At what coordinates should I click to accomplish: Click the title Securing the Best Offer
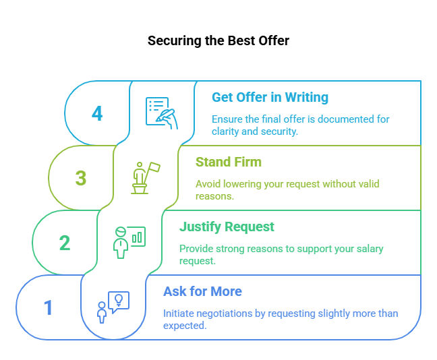(x=218, y=40)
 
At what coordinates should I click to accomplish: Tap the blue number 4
(x=97, y=113)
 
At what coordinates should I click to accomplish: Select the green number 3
(x=81, y=178)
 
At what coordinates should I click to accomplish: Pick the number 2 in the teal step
(x=65, y=243)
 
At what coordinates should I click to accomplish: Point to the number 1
(x=48, y=307)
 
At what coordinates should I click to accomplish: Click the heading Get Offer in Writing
(x=270, y=97)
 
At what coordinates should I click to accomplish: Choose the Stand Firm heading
(x=229, y=162)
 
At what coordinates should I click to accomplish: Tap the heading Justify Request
(x=227, y=227)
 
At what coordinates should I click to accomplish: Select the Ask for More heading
(x=202, y=291)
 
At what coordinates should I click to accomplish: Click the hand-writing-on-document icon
(x=162, y=113)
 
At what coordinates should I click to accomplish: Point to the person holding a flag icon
(x=146, y=178)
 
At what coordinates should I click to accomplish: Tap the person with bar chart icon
(x=129, y=243)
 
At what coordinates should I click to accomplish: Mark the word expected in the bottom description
(x=185, y=326)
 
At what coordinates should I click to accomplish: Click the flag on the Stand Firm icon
(x=154, y=167)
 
